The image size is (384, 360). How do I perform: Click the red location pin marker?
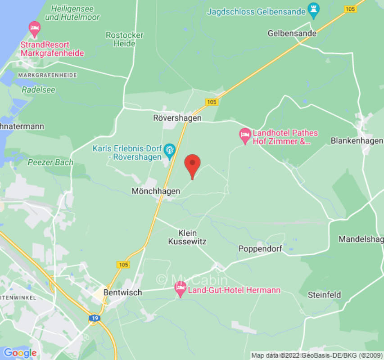tap(193, 165)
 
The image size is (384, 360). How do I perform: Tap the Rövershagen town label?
tap(177, 118)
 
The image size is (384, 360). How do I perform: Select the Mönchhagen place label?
tap(156, 191)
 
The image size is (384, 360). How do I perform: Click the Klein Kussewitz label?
tap(187, 237)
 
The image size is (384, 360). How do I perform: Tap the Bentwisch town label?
tap(123, 292)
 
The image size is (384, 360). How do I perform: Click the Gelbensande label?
tap(292, 33)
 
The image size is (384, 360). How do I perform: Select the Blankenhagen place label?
tap(357, 140)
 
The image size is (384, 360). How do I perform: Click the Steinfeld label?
tap(324, 295)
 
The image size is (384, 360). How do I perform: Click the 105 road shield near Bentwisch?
tap(123, 265)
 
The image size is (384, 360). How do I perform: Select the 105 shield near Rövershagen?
tap(212, 102)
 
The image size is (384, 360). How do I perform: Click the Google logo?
tap(20, 352)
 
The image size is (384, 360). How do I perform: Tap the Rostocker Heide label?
tap(125, 39)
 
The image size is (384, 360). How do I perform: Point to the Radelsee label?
tap(38, 90)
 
